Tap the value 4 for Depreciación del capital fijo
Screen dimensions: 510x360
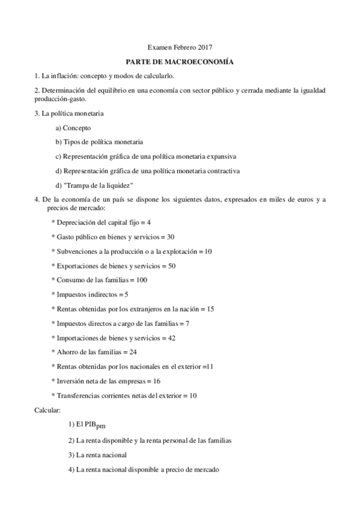[x=148, y=223]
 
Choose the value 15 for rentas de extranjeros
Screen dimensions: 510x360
[x=210, y=309]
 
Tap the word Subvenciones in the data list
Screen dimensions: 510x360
[x=76, y=251]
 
